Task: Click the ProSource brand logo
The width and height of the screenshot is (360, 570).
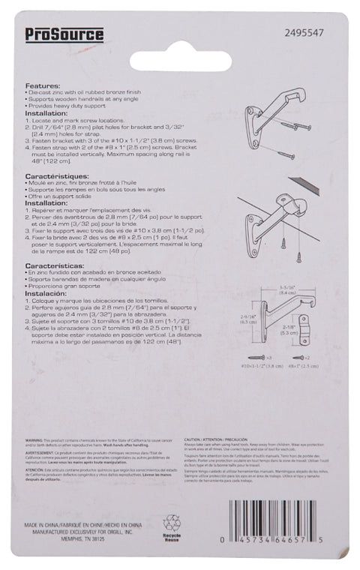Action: click(64, 34)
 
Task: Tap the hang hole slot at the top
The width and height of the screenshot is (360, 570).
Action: click(179, 59)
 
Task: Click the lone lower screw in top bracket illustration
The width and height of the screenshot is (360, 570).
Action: click(286, 154)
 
